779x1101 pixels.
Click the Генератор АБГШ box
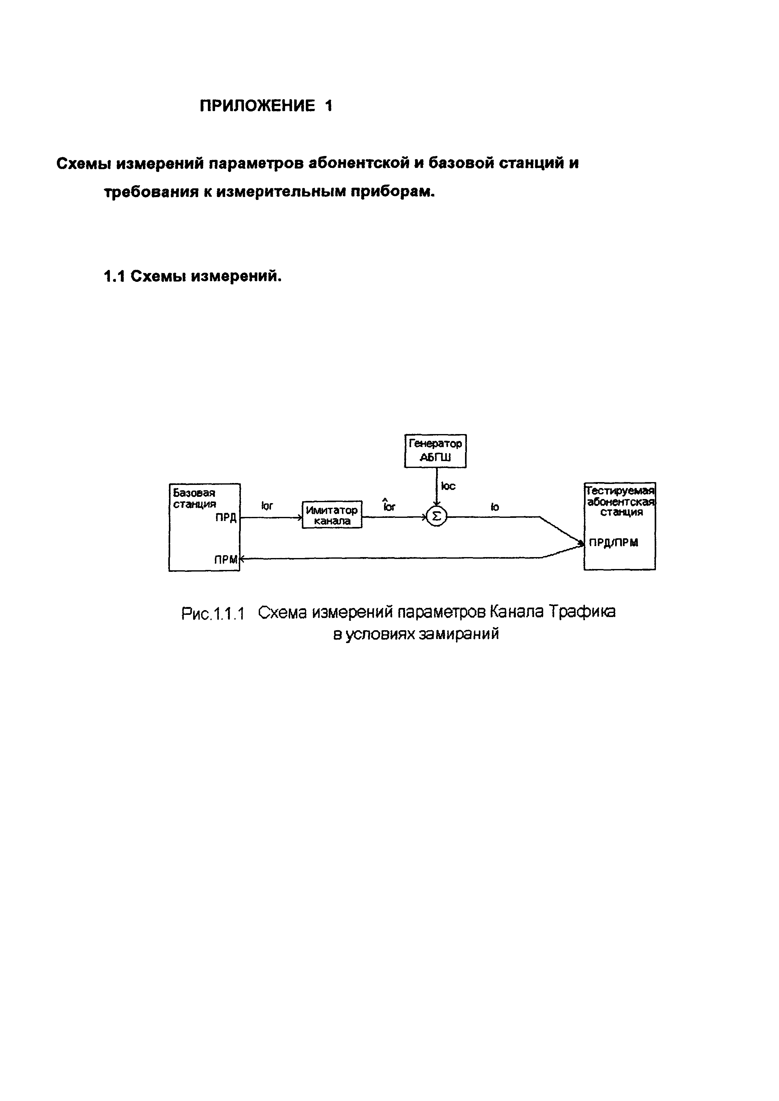coord(435,451)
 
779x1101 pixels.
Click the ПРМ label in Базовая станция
coord(225,559)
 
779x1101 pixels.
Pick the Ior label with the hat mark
coord(389,506)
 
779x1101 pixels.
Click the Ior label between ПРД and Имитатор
coord(267,505)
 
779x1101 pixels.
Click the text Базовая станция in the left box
coord(194,498)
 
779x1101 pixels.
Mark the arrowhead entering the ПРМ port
coord(242,558)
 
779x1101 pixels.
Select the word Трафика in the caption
coord(582,612)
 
